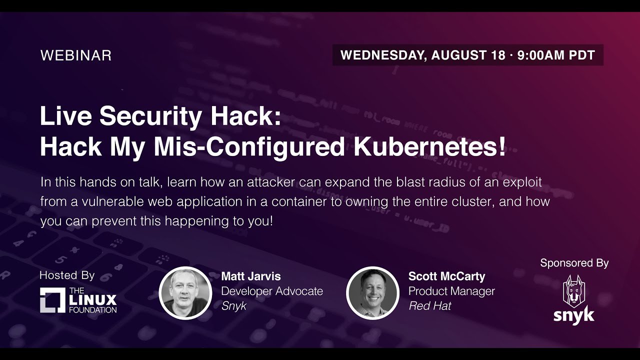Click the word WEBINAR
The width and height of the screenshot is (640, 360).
75,55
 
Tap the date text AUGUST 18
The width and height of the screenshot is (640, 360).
468,55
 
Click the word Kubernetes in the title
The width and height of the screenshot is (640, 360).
429,146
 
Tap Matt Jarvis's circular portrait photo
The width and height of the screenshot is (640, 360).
185,293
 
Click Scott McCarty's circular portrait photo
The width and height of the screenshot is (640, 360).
372,293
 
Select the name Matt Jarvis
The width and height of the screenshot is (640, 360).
251,276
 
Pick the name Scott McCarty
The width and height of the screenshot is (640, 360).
447,276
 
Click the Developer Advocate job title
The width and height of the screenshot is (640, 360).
272,291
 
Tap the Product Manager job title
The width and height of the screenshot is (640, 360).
451,291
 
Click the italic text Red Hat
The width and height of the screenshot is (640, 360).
429,306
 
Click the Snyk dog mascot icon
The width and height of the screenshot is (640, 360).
574,291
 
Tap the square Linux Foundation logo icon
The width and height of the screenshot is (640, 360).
52,300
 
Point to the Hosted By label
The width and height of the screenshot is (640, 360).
67,275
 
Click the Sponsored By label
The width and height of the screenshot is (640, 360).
574,263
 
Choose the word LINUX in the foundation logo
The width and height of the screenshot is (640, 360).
93,300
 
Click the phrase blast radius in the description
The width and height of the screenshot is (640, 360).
430,182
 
